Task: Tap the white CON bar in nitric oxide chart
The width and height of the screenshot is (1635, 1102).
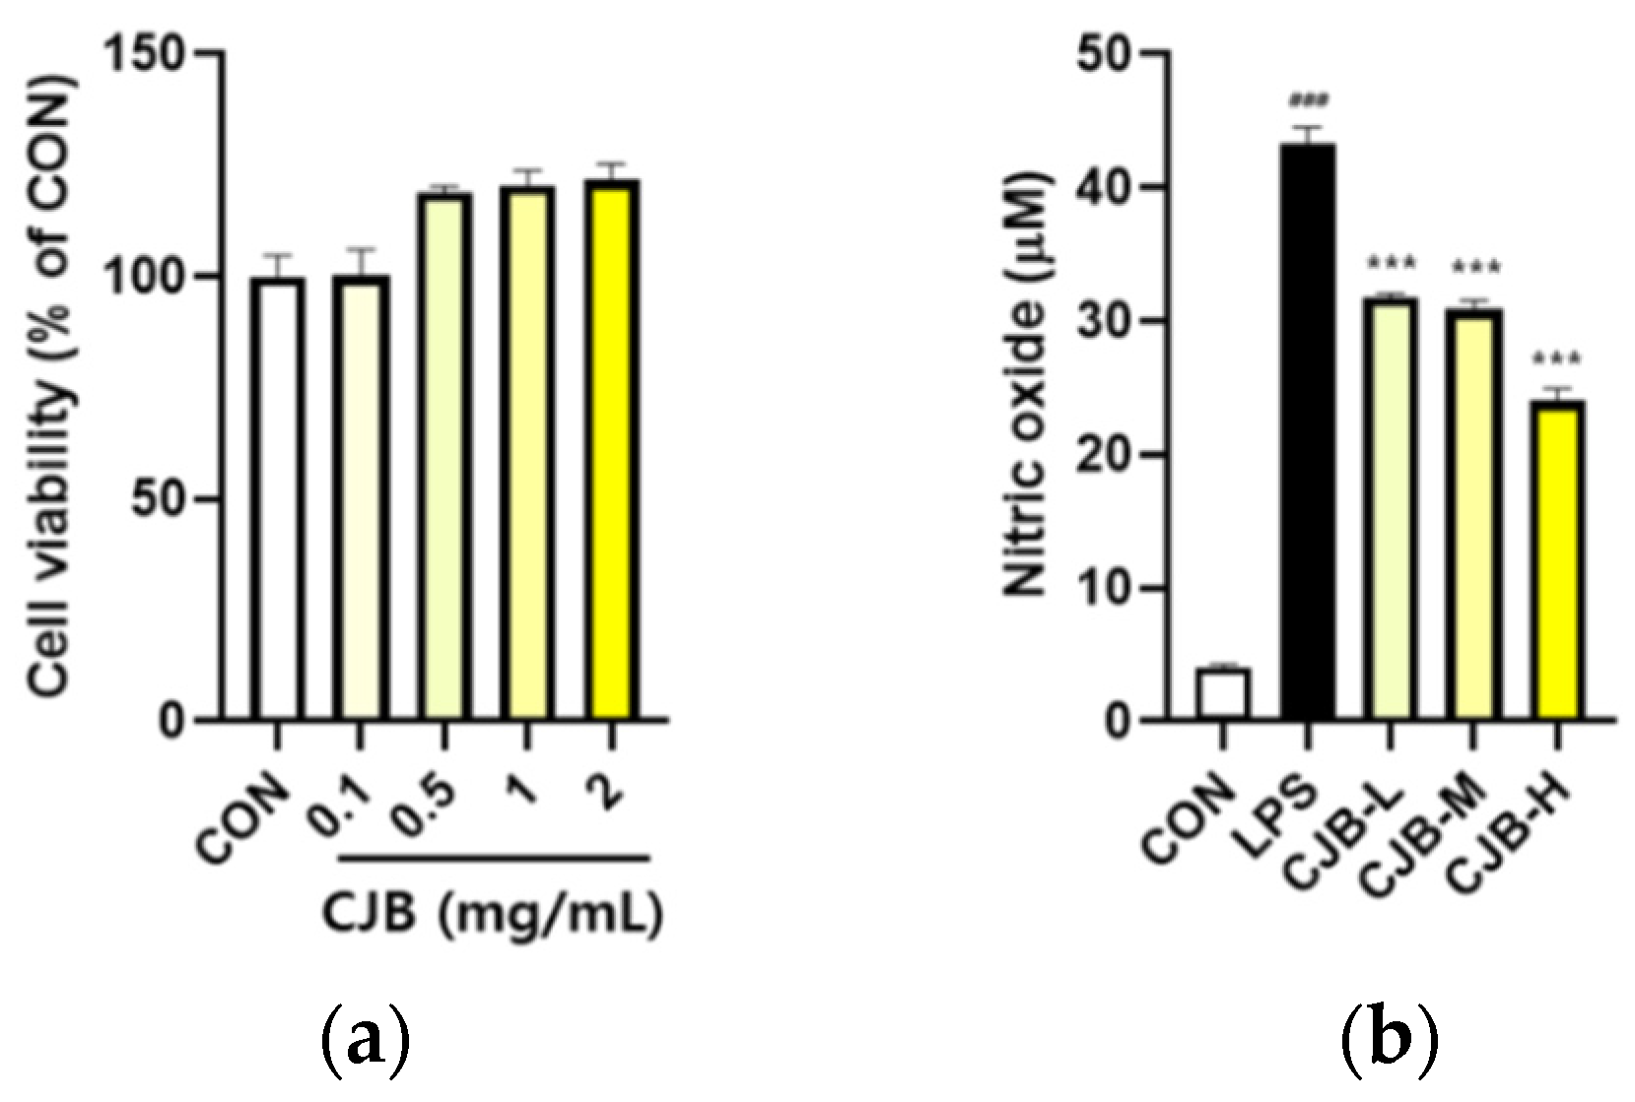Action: [x=1223, y=694]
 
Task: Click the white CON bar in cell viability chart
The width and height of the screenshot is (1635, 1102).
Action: [x=277, y=498]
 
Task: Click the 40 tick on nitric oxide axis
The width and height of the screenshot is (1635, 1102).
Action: [x=1105, y=187]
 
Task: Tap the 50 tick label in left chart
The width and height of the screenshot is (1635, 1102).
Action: [x=158, y=499]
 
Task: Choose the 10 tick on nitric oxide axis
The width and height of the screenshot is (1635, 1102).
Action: [x=1105, y=589]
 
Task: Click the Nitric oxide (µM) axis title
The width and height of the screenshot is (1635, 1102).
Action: [x=1027, y=384]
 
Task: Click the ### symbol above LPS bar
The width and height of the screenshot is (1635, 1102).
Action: [x=1309, y=100]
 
